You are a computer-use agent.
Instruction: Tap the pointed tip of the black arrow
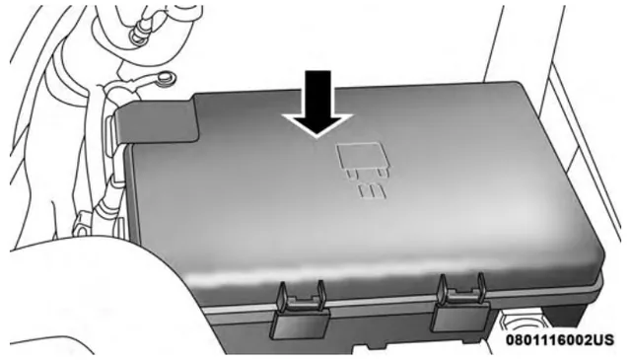point(317,137)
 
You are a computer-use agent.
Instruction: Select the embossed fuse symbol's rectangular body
point(359,156)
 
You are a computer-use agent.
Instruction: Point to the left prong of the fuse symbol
point(352,174)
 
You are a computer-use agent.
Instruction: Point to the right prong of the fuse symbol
point(383,173)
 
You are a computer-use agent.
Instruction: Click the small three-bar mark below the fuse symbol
point(373,192)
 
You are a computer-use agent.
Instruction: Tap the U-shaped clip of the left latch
point(302,297)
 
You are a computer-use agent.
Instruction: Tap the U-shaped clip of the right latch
point(462,289)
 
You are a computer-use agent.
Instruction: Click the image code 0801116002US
point(560,339)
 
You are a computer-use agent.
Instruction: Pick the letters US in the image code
point(604,339)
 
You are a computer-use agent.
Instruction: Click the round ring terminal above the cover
point(164,78)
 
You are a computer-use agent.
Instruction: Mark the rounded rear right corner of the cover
point(516,86)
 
